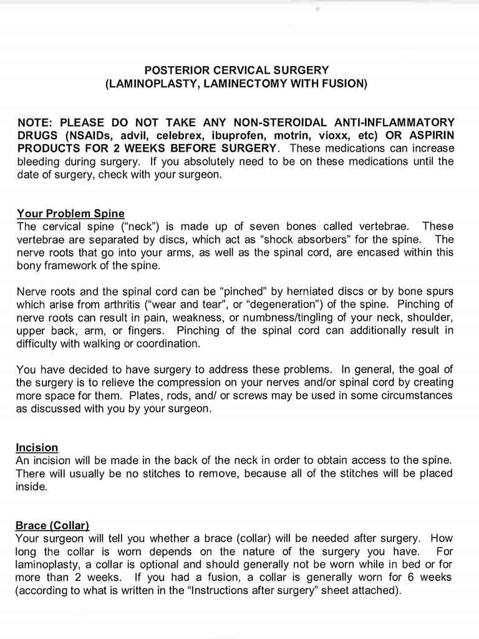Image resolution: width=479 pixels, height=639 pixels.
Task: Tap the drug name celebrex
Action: pyautogui.click(x=178, y=135)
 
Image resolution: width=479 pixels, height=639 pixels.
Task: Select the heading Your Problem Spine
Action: pyautogui.click(x=70, y=213)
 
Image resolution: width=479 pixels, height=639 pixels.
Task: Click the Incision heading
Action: pyautogui.click(x=37, y=447)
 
